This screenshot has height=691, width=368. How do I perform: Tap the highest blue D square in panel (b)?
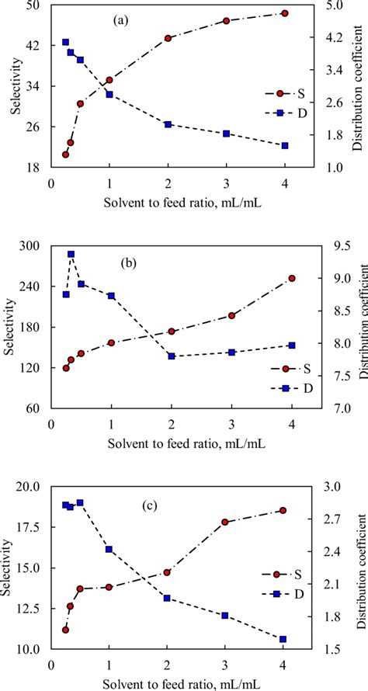point(71,254)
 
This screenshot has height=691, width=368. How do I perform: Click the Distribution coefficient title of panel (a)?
point(359,85)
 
